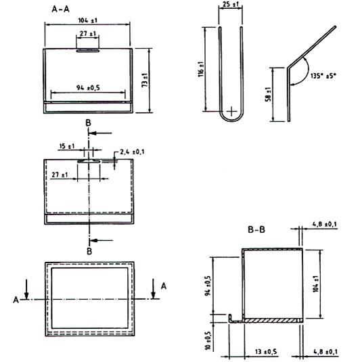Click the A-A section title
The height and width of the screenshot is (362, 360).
click(60, 9)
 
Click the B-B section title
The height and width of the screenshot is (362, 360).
click(256, 229)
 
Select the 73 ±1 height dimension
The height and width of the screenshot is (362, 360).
click(145, 80)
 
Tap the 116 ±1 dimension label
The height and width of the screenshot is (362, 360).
click(201, 69)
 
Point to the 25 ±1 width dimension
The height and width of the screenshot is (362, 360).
click(231, 4)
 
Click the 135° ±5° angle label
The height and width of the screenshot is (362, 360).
click(323, 76)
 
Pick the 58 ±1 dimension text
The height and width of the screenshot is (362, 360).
click(269, 94)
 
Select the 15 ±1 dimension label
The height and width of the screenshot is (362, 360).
click(67, 146)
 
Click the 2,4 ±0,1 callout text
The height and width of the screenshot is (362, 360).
click(132, 152)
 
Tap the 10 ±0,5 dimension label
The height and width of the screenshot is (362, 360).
click(208, 341)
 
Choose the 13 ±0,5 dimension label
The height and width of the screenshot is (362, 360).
click(266, 352)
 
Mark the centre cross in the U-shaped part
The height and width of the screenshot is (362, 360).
click(231, 112)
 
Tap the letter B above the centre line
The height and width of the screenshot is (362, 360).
click(88, 123)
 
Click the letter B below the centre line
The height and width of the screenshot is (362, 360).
click(89, 251)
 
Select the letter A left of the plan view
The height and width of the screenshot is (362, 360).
click(16, 300)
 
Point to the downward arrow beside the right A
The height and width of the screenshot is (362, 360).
click(153, 289)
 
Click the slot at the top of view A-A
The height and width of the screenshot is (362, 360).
click(88, 50)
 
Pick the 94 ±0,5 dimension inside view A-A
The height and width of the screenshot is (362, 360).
click(88, 88)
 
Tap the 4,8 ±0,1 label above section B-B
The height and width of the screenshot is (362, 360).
click(324, 224)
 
